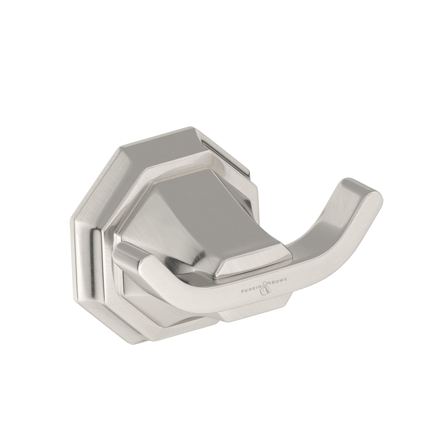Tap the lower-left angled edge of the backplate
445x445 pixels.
click(x=110, y=297)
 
